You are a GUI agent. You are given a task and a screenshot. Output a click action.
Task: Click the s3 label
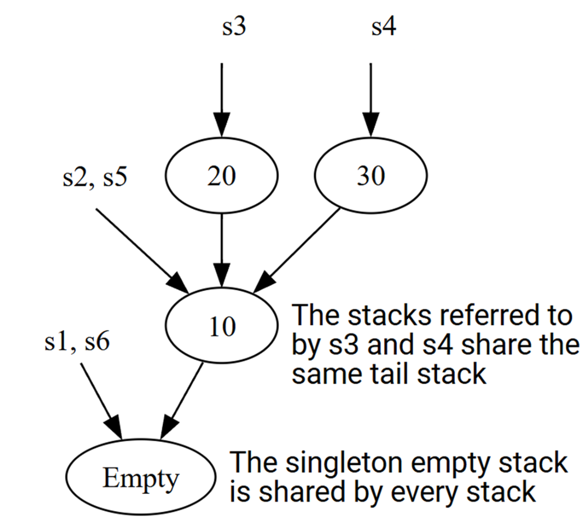pos(234,27)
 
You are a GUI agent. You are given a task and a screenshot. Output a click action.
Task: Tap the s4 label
pos(383,27)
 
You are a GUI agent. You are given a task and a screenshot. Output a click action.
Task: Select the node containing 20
pos(222,177)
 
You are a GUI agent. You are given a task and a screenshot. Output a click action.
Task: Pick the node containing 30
pos(371,177)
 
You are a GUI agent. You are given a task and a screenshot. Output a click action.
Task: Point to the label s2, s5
pos(95,178)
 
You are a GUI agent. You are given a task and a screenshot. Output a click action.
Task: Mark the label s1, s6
pos(77,343)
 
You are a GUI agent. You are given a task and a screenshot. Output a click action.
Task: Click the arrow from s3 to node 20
pos(222,101)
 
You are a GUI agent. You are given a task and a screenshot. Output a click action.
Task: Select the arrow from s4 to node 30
pos(371,101)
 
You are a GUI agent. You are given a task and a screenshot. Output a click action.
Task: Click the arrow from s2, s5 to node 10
pos(140,249)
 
